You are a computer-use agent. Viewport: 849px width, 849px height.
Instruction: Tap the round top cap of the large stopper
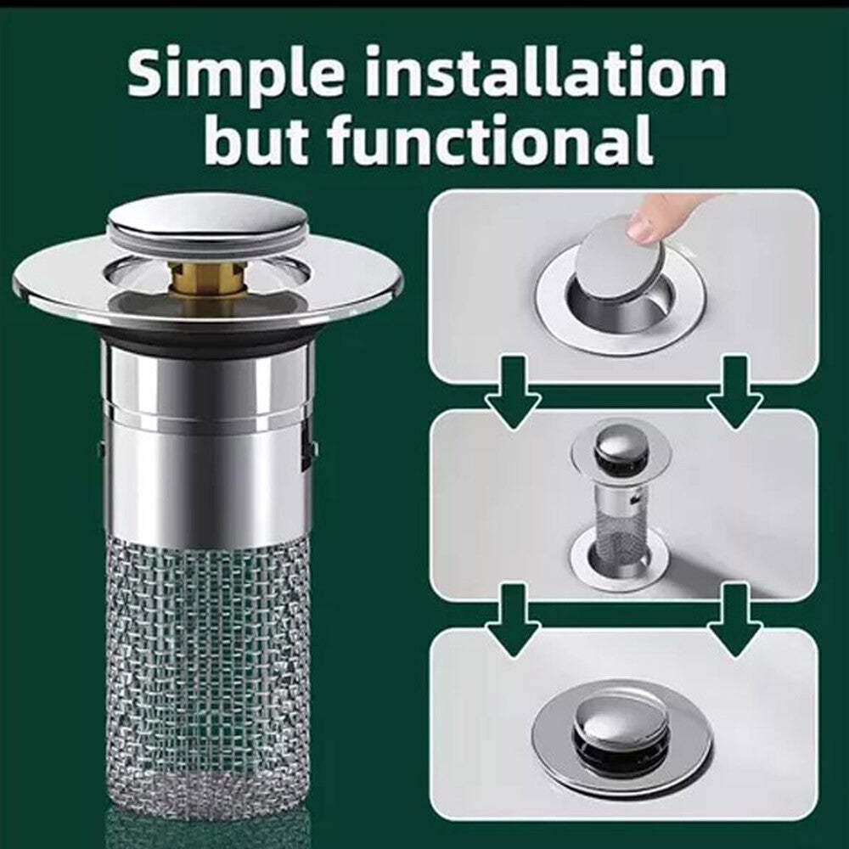(208, 222)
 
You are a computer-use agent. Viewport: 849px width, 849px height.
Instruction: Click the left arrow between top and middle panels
(513, 392)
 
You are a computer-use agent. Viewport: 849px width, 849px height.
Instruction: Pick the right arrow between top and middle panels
(735, 392)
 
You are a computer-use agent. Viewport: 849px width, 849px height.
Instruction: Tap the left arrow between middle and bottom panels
(513, 618)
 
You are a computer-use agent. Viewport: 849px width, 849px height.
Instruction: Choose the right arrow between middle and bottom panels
(735, 618)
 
